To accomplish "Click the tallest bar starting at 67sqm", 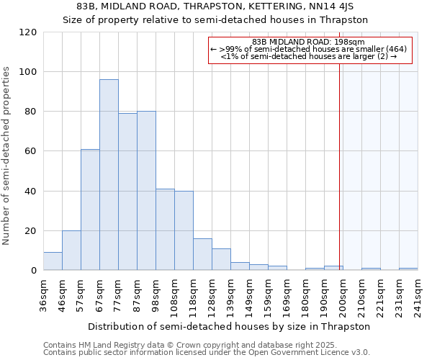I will pos(109,175).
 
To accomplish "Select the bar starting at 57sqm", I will pos(90,210).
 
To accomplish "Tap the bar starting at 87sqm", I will pos(146,191).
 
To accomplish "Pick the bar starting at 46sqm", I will pos(71,251).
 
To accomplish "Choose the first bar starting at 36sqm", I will pos(53,261).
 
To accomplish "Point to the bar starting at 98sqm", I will pos(165,230).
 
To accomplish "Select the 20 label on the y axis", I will pos(31,231).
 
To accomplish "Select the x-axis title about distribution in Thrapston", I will pos(230,326).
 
